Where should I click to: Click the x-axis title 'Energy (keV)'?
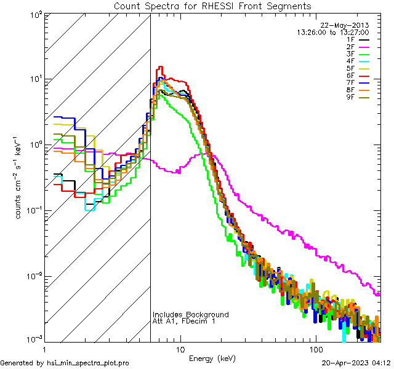coord(212,358)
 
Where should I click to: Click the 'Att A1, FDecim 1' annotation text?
coord(184,322)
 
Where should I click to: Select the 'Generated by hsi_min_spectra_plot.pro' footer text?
coord(65,363)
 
